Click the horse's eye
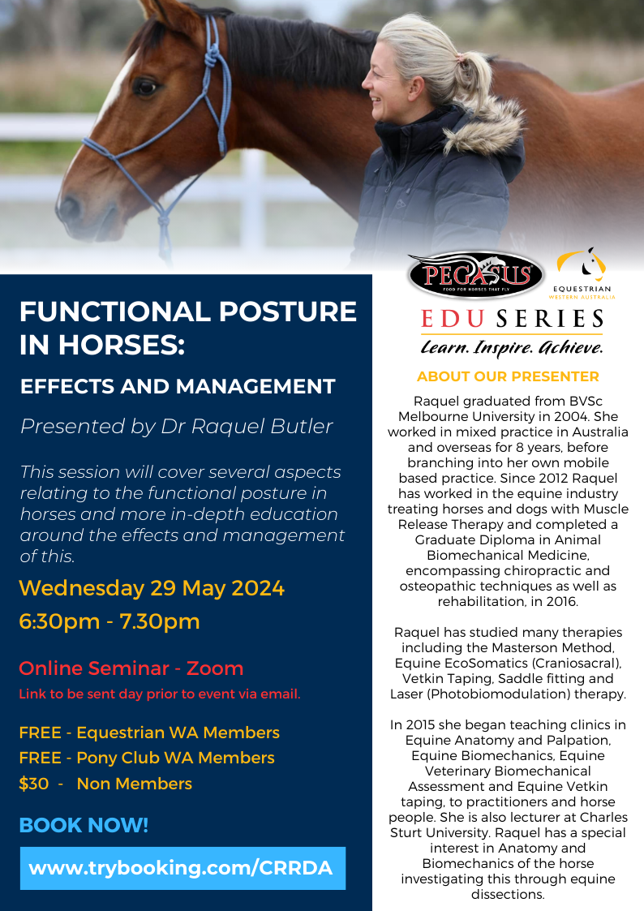pos(145,87)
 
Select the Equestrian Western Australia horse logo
pos(582,273)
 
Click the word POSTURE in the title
pos(288,312)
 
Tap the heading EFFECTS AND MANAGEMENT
pos(178,386)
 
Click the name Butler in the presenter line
pos(304,427)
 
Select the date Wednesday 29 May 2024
pos(152,588)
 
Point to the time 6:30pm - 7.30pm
pos(109,621)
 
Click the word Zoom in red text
pos(214,668)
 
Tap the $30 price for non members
pos(34,784)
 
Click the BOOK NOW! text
pos(84,825)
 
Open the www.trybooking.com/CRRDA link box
pos(183,868)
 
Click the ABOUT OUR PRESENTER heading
pos(508,376)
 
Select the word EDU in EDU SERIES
pos(453,319)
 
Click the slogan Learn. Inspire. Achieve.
pos(512,347)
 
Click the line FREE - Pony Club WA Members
pos(147,758)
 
